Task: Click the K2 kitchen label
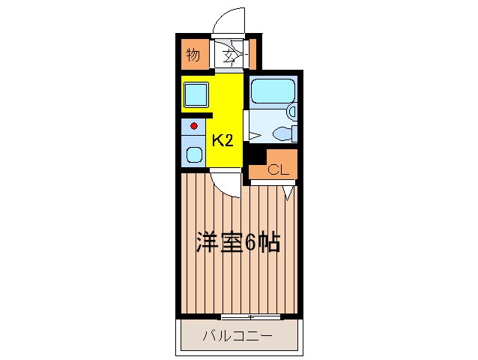point(221,139)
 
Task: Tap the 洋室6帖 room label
point(238,242)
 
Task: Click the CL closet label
point(278,169)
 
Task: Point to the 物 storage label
point(193,55)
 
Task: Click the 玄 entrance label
point(230,54)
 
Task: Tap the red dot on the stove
point(193,126)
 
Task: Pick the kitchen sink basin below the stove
point(194,157)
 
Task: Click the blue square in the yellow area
point(196,95)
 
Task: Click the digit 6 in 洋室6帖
point(251,242)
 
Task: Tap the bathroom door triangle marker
point(253,136)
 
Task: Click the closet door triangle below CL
point(288,193)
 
